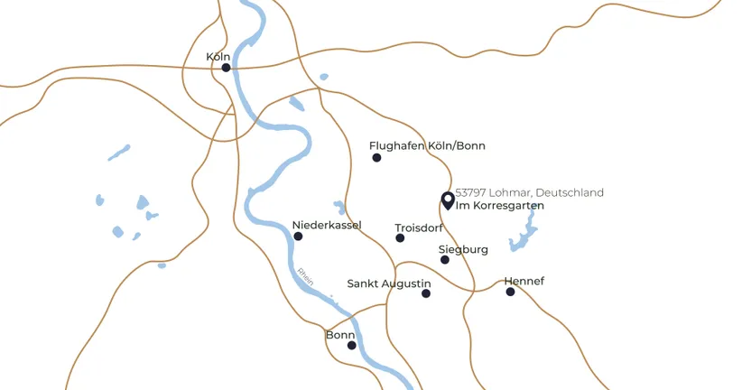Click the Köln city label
point(218,57)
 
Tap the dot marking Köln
point(227,68)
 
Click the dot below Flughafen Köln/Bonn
point(376,158)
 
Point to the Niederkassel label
point(327,225)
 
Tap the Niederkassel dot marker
point(298,237)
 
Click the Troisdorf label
point(419,228)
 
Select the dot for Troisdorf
point(400,238)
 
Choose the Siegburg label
point(463,249)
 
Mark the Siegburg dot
point(445,260)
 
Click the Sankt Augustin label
point(389,283)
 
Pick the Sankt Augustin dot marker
point(426,293)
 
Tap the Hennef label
point(524,281)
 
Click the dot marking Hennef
point(510,292)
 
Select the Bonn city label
point(340,335)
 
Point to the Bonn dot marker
point(352,345)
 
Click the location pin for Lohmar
point(447,200)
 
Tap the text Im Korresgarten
point(500,207)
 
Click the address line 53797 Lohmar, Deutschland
point(529,193)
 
